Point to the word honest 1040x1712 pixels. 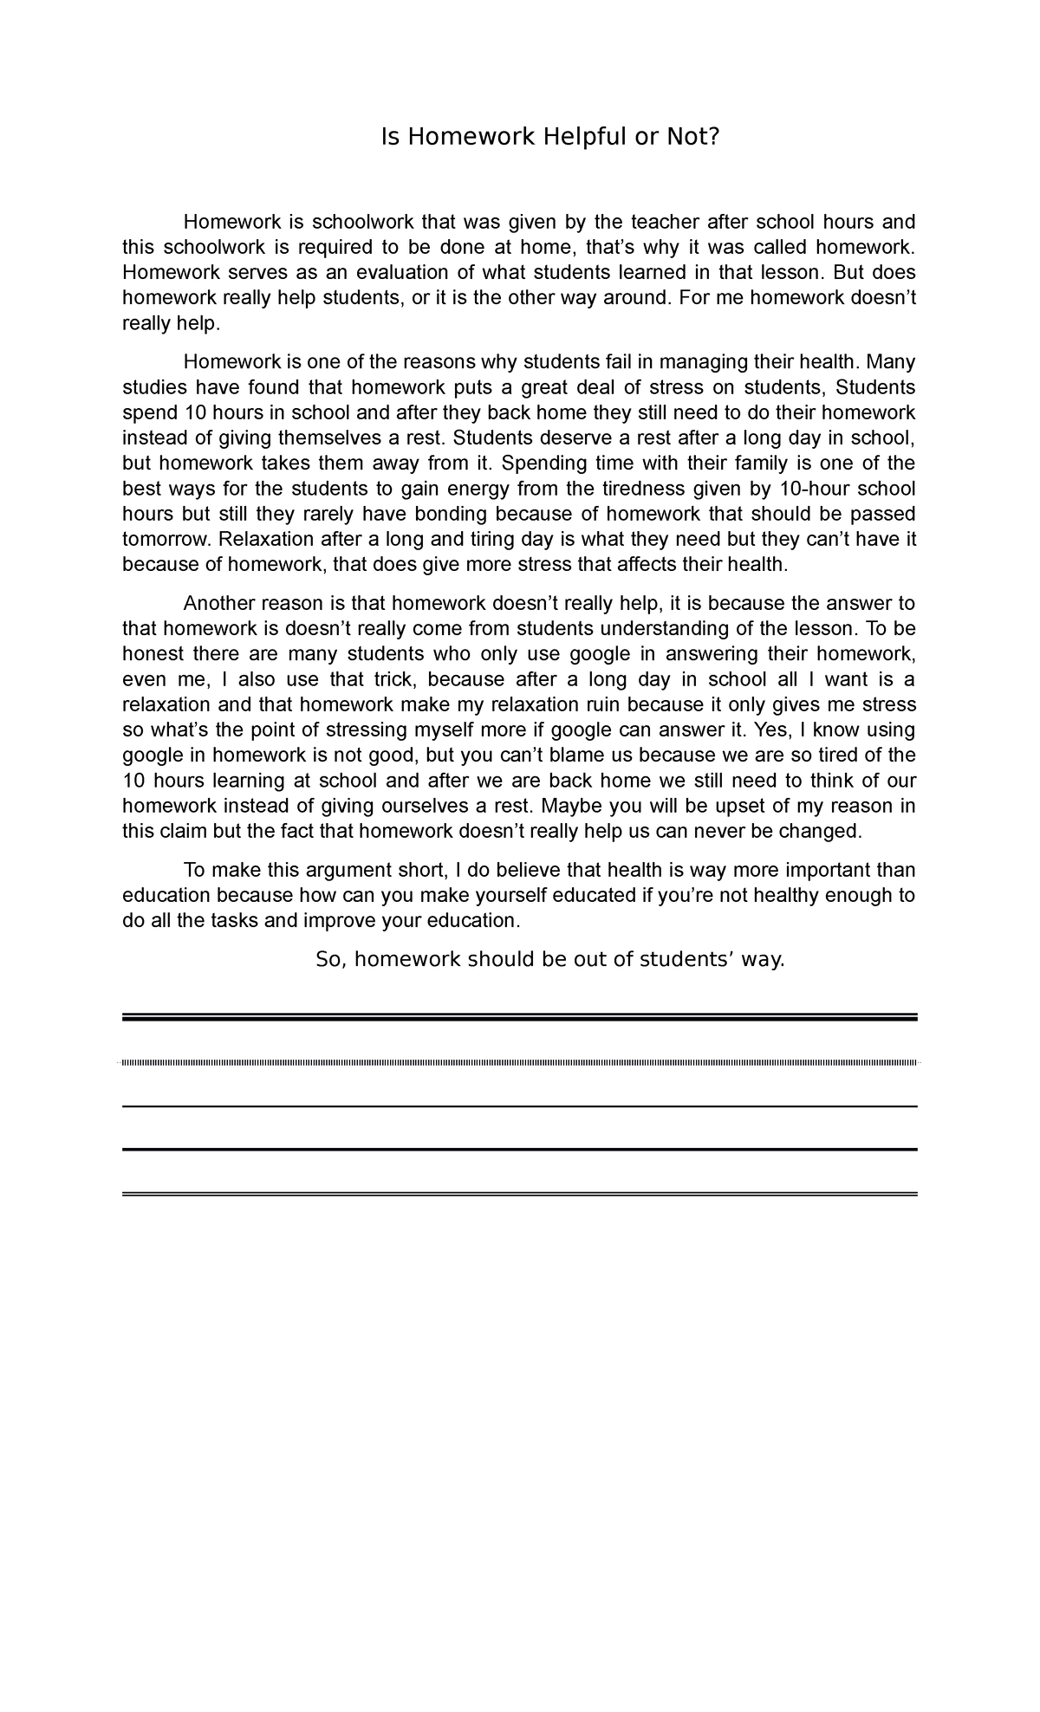[152, 654]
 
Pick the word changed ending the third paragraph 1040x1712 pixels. [827, 832]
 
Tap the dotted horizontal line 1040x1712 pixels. [520, 1062]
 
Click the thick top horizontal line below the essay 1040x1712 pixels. [520, 1018]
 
